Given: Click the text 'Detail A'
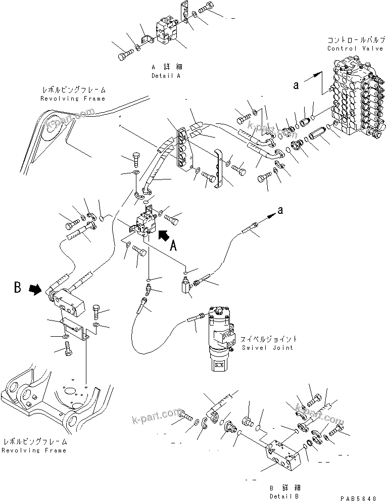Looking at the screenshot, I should (166, 75).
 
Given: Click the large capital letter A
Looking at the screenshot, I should (173, 247).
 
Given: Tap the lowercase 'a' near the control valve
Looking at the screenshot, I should (297, 85).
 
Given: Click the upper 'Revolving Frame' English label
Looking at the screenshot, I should (73, 99).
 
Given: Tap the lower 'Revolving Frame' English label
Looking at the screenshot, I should (34, 450).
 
